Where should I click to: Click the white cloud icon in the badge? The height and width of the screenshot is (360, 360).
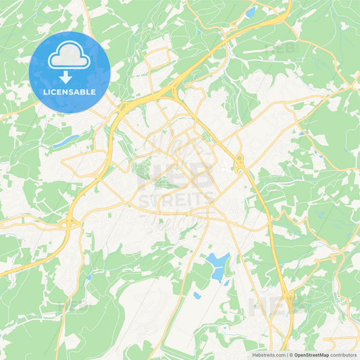(x=70, y=55)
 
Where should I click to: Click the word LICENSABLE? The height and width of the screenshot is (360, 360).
(x=70, y=91)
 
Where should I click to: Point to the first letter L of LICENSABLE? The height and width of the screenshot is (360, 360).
(x=45, y=91)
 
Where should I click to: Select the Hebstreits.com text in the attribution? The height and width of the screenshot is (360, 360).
(x=267, y=355)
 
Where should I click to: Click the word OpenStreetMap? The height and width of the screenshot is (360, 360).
(x=311, y=355)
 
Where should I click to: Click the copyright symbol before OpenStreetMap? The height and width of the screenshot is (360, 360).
(x=291, y=355)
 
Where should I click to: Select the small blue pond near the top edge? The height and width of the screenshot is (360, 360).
(x=251, y=13)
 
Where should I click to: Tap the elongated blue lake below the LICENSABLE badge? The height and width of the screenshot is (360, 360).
(x=66, y=141)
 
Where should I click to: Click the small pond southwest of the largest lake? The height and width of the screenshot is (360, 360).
(x=197, y=295)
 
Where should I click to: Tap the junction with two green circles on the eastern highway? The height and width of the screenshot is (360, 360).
(x=239, y=164)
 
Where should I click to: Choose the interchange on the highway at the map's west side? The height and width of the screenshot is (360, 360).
(x=68, y=223)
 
